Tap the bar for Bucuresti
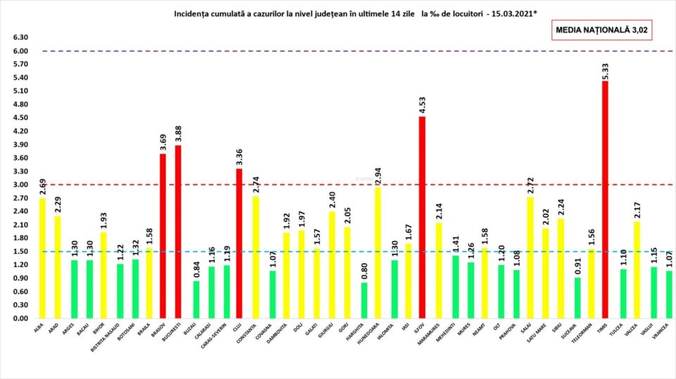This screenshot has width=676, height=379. (x=179, y=232)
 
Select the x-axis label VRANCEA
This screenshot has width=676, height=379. (x=663, y=334)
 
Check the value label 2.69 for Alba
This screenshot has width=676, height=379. (x=43, y=187)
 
